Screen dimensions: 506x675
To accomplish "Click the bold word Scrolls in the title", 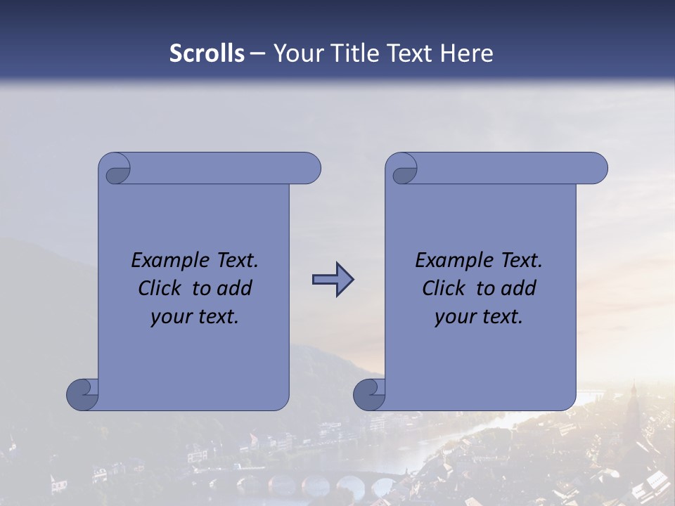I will tap(207, 53).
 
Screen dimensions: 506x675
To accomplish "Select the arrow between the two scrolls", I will tap(333, 280).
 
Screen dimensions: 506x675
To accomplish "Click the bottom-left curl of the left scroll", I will tap(83, 394).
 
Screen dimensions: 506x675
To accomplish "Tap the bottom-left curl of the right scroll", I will tap(370, 394).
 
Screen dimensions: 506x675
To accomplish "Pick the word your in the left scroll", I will tap(170, 317).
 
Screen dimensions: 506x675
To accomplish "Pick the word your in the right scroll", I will tap(454, 317).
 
